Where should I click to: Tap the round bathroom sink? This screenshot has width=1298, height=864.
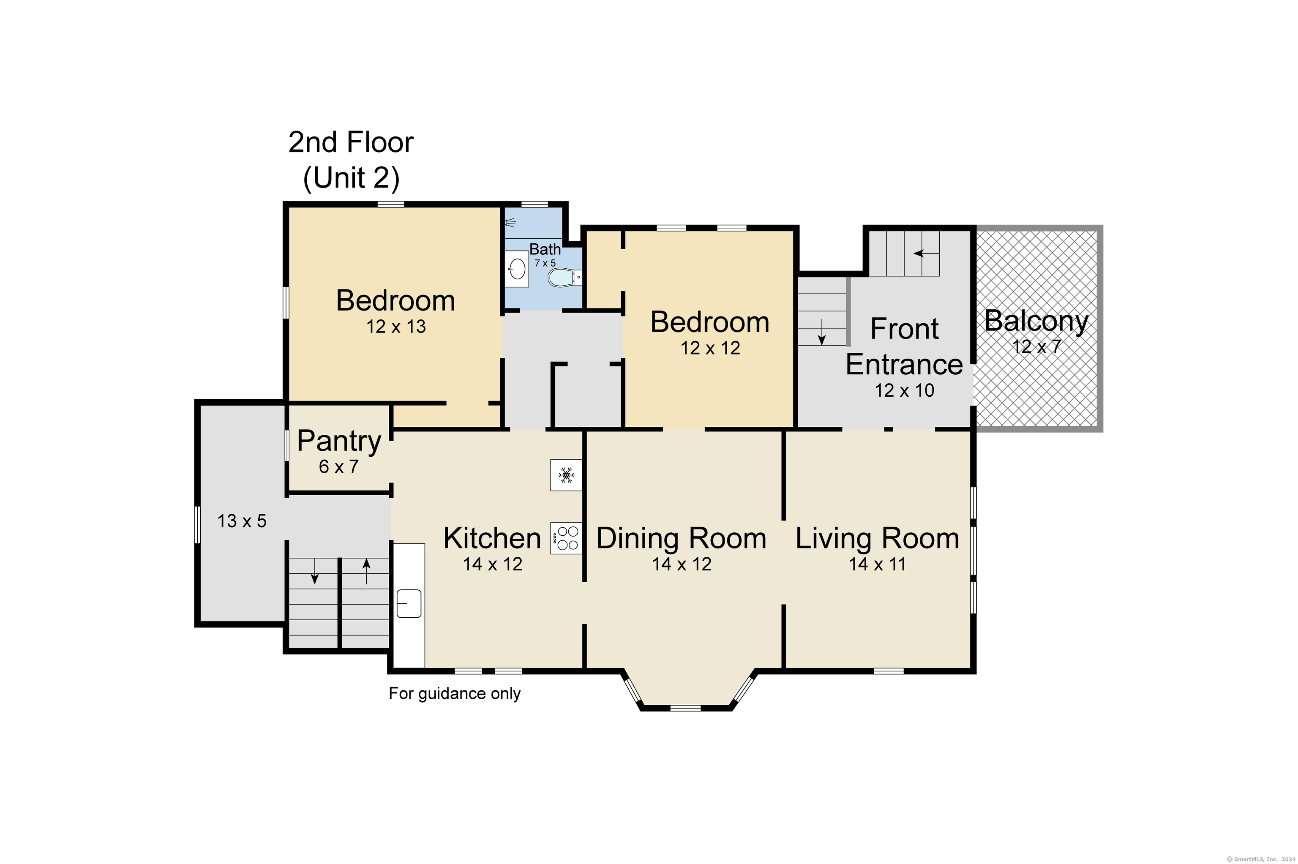pyautogui.click(x=517, y=269)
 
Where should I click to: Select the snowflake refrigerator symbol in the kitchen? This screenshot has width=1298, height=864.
pyautogui.click(x=566, y=474)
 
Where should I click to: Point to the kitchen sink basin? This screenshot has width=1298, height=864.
pyautogui.click(x=409, y=603)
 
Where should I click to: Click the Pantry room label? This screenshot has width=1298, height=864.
pyautogui.click(x=339, y=441)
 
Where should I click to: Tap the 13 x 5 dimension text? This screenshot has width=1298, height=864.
pyautogui.click(x=242, y=521)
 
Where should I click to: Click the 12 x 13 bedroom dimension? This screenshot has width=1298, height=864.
pyautogui.click(x=396, y=326)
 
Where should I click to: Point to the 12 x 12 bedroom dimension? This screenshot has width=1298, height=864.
pyautogui.click(x=710, y=348)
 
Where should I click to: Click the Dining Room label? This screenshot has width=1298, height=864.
pyautogui.click(x=682, y=538)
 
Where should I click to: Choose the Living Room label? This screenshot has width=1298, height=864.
pyautogui.click(x=878, y=538)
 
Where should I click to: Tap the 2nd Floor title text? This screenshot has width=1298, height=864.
pyautogui.click(x=351, y=143)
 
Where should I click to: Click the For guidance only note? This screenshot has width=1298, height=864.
pyautogui.click(x=455, y=693)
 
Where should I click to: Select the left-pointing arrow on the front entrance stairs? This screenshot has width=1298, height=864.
pyautogui.click(x=926, y=253)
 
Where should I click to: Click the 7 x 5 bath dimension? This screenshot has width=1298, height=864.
pyautogui.click(x=545, y=263)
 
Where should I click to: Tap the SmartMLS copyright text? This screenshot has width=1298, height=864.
pyautogui.click(x=1261, y=859)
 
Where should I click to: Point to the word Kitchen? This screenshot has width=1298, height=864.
pyautogui.click(x=492, y=538)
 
